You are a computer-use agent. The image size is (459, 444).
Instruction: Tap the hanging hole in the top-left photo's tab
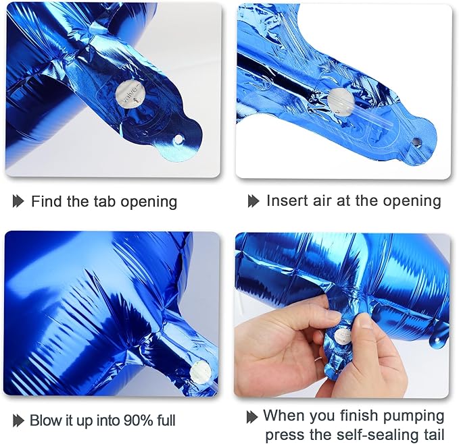[x=177, y=140]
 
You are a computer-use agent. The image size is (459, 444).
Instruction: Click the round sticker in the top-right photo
[x=341, y=103]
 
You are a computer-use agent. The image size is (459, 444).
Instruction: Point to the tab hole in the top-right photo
[x=415, y=142]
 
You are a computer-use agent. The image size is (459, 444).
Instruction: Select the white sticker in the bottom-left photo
[x=201, y=372]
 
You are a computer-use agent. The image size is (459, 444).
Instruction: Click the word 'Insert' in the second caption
[x=286, y=200]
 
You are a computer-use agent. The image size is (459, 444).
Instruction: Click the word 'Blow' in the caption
[x=44, y=420]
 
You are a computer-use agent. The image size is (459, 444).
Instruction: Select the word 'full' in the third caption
[x=166, y=420]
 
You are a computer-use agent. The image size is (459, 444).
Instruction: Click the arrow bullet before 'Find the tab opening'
[x=18, y=201]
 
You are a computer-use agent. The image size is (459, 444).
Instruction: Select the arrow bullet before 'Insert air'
[x=253, y=201]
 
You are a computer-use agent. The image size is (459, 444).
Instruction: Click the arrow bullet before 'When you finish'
[x=252, y=417]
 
